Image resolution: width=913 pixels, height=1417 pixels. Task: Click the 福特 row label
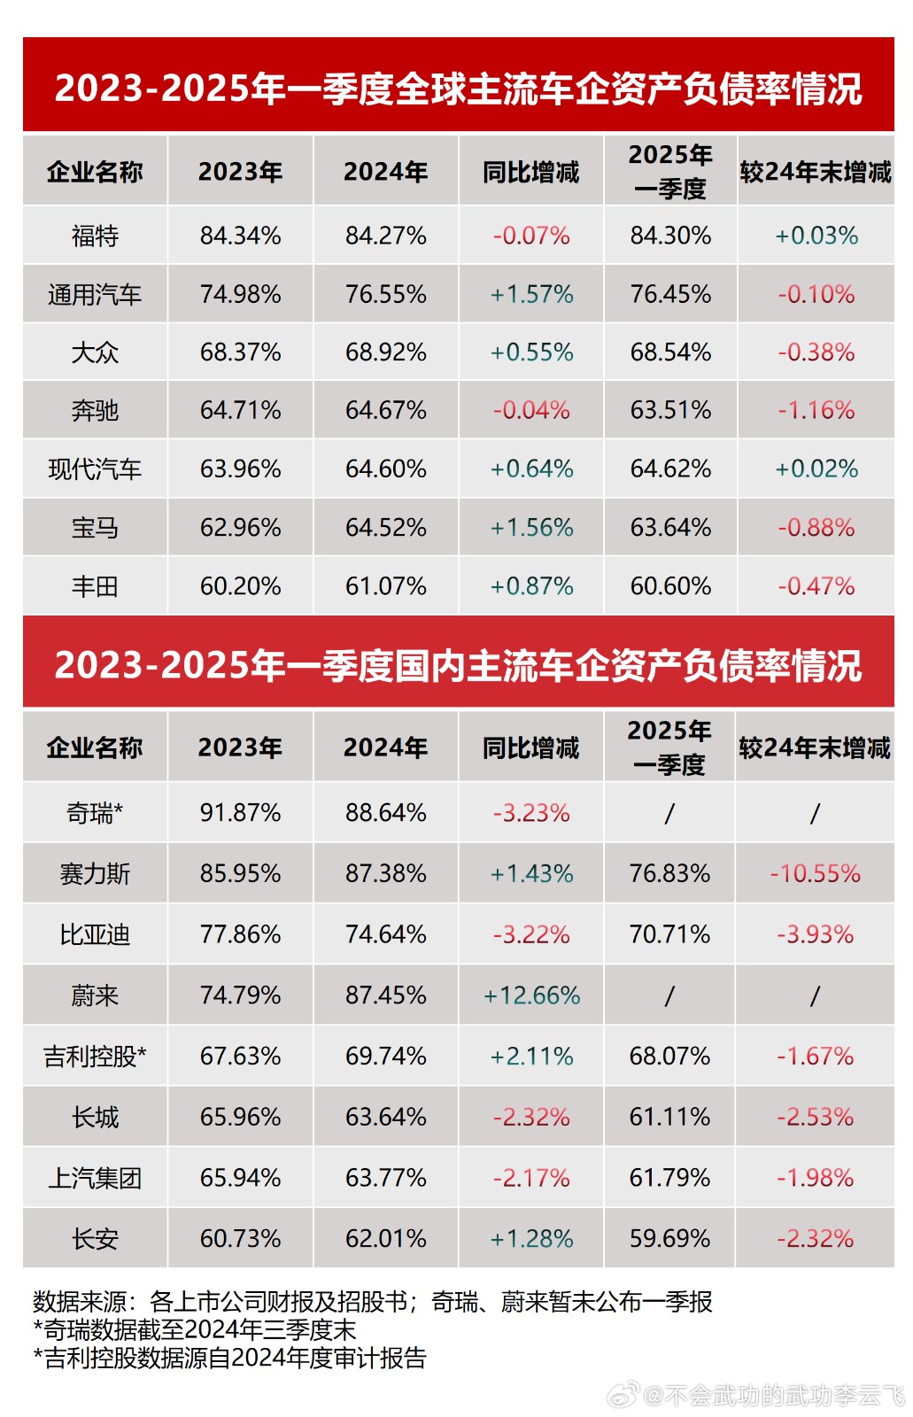pyautogui.click(x=95, y=236)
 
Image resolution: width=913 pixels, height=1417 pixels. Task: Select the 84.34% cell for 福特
pyautogui.click(x=240, y=236)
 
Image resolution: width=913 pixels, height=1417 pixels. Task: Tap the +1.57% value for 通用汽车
pyautogui.click(x=531, y=294)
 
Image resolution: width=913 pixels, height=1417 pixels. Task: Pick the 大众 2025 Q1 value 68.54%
pyautogui.click(x=670, y=352)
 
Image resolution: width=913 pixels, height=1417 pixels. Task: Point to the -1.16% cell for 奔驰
pyautogui.click(x=816, y=410)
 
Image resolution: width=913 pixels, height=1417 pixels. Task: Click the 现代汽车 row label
pyautogui.click(x=95, y=468)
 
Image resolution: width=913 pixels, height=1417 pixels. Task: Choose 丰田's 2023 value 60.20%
pyautogui.click(x=240, y=586)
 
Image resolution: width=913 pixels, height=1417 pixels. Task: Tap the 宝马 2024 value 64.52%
pyautogui.click(x=385, y=528)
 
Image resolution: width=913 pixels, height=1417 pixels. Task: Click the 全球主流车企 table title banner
pyautogui.click(x=458, y=88)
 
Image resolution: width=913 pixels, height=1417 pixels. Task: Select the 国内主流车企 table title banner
pyautogui.click(x=458, y=665)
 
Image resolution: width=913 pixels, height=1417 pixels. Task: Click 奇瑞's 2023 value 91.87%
pyautogui.click(x=240, y=812)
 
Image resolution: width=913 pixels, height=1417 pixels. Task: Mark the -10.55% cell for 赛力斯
pyautogui.click(x=815, y=873)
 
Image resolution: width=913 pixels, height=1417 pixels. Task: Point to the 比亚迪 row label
pyautogui.click(x=95, y=934)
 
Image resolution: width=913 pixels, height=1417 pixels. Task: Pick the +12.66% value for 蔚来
pyautogui.click(x=531, y=995)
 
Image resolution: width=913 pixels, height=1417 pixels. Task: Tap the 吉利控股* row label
pyautogui.click(x=95, y=1056)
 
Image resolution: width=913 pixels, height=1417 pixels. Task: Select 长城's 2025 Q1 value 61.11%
pyautogui.click(x=669, y=1117)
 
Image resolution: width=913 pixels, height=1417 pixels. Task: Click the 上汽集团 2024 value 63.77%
pyautogui.click(x=385, y=1178)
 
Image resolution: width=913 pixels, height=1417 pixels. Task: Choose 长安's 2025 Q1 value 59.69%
pyautogui.click(x=669, y=1238)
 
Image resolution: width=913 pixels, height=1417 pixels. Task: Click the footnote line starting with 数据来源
pyautogui.click(x=372, y=1301)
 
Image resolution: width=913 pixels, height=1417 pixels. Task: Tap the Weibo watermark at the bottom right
pyautogui.click(x=762, y=1396)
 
